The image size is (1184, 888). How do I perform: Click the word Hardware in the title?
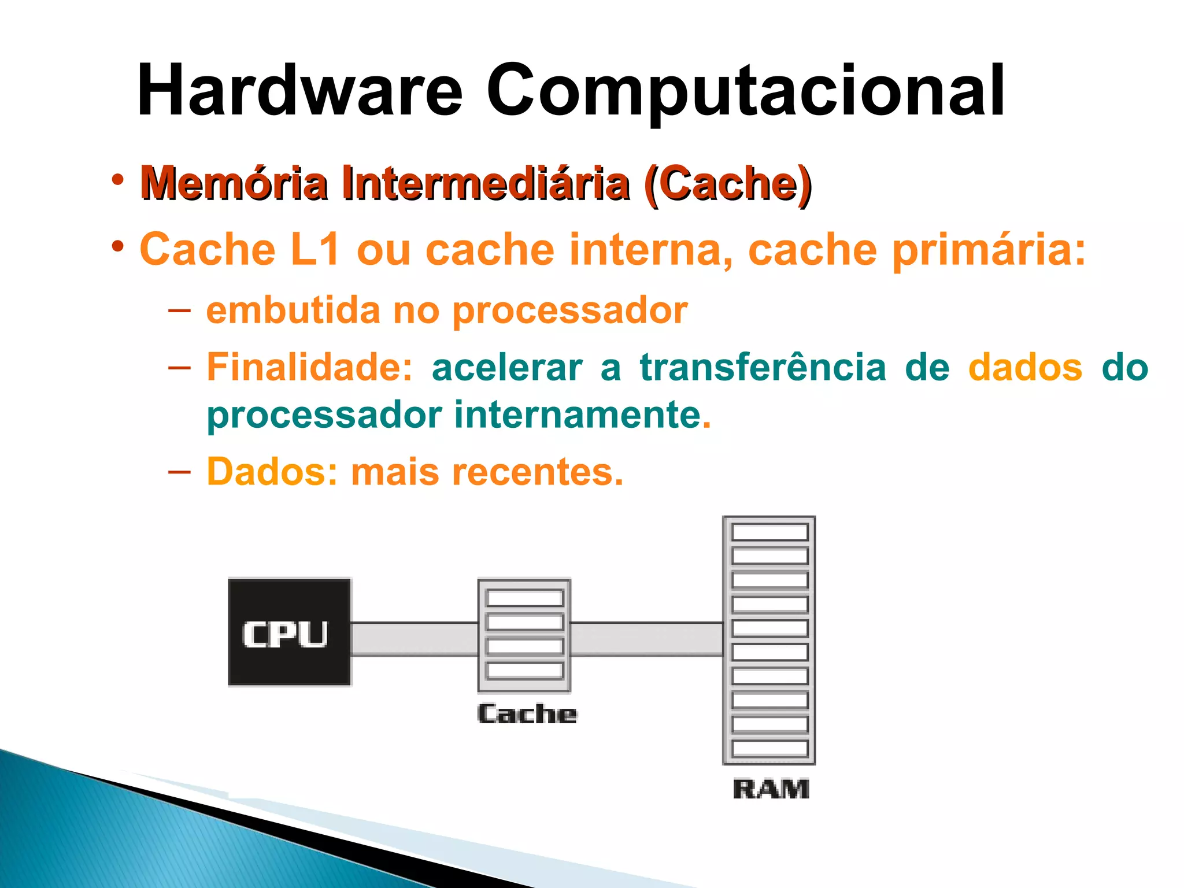coord(299,91)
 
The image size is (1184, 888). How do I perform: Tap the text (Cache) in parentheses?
coord(729,184)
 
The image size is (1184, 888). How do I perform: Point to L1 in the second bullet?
coord(314,250)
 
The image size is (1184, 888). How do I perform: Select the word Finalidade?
coord(310,368)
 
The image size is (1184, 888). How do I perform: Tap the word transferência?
coord(763,368)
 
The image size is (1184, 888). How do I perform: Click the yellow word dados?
coord(1025,368)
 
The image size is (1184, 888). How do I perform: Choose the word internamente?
coord(578,415)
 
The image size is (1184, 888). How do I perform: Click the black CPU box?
coord(290,632)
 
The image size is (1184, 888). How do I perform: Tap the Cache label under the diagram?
coord(527,714)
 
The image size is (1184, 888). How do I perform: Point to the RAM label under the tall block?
coord(771,789)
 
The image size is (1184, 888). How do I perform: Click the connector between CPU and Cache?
coord(415,639)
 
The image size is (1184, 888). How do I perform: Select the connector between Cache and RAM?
coord(647,639)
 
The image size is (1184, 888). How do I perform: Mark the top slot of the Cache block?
coord(525,598)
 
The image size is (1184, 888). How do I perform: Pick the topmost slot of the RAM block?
coord(769,532)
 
